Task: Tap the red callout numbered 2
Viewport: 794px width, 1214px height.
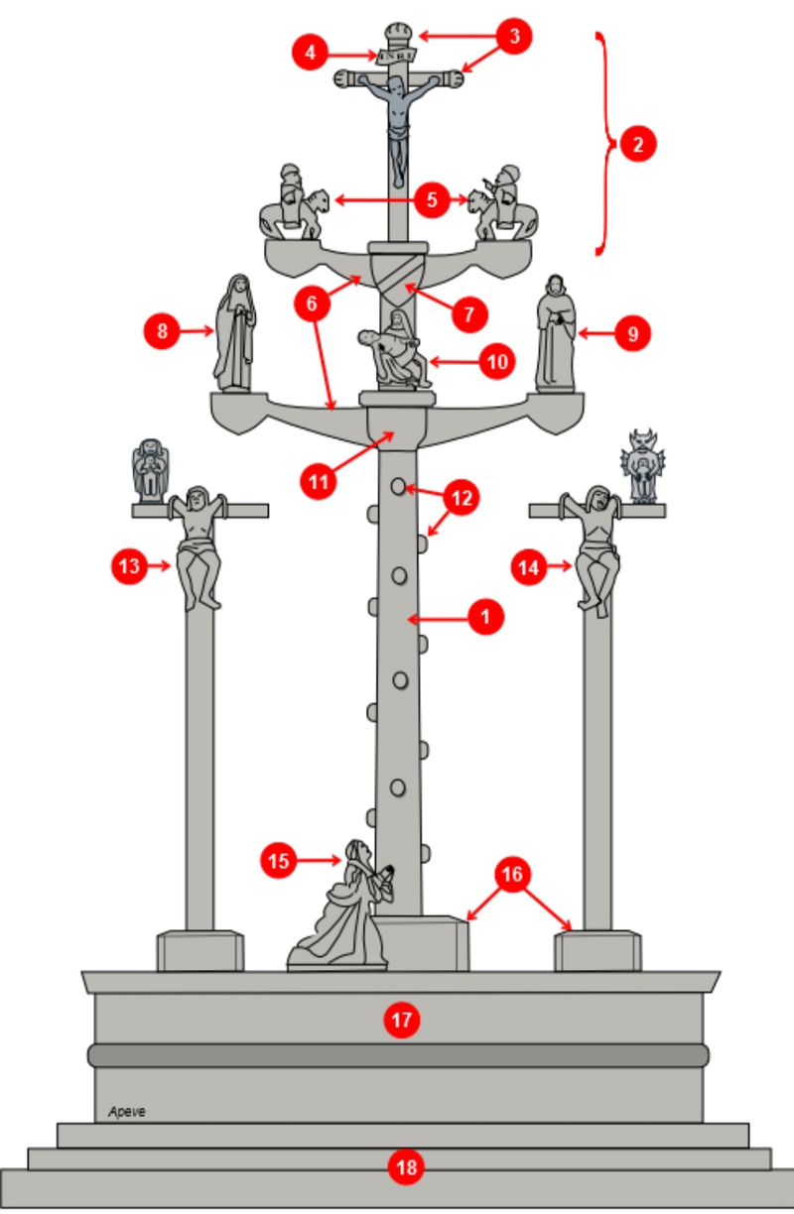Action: coord(638,145)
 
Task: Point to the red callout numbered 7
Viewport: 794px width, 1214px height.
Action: coord(467,314)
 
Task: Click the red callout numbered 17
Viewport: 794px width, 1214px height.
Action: coord(403,1019)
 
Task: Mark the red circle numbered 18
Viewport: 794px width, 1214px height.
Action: coord(406,1168)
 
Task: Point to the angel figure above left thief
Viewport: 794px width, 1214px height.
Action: coord(150,468)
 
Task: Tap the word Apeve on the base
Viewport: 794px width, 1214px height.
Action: coord(127,1112)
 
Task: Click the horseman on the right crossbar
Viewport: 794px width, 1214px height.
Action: coord(504,203)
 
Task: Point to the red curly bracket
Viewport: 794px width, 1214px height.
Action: coord(603,145)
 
